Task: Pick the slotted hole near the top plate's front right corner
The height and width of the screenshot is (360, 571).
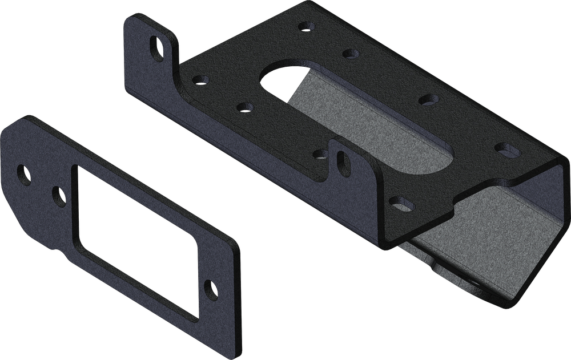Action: (x=403, y=202)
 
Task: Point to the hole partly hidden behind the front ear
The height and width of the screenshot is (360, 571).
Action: (x=321, y=154)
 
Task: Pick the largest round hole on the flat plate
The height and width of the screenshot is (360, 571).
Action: (x=25, y=172)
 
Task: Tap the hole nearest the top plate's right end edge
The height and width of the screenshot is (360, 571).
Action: (x=505, y=147)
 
